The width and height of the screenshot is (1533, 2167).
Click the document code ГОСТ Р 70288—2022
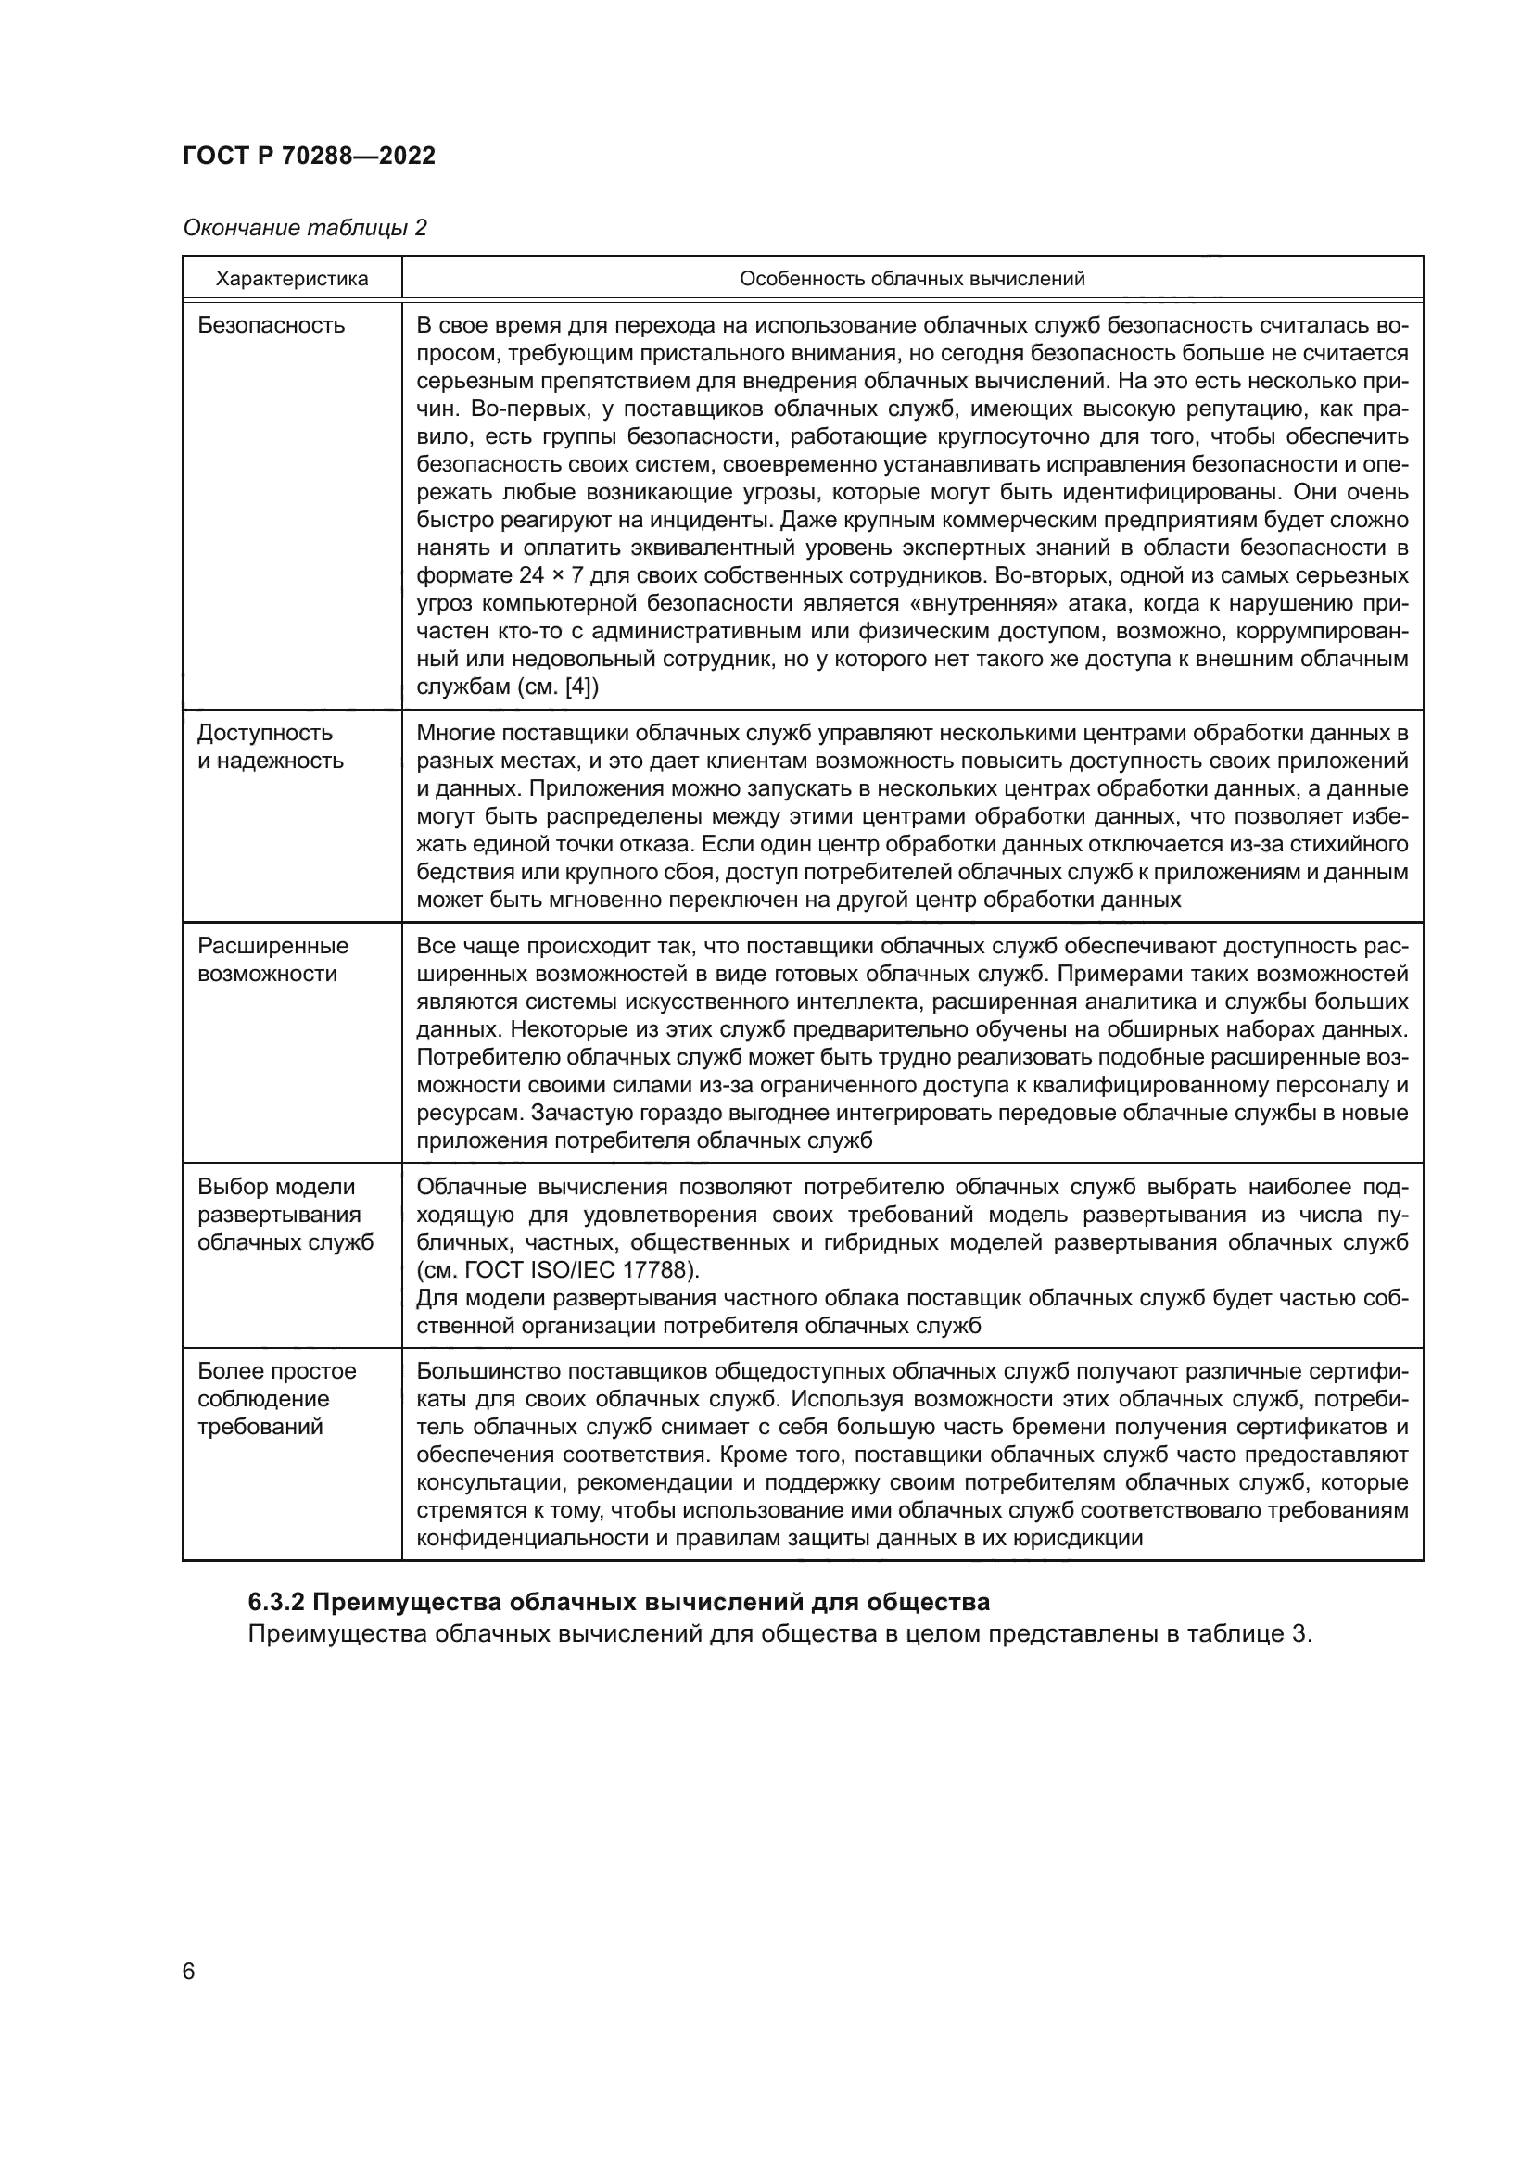pos(309,157)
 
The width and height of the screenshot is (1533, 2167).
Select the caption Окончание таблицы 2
pos(305,228)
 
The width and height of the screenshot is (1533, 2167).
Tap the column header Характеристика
pos(292,279)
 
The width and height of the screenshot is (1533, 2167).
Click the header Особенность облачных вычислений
pos(912,279)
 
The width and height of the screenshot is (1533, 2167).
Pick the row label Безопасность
pos(271,325)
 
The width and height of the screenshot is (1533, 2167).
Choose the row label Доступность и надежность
pos(270,747)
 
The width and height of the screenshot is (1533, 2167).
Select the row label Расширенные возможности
pos(272,959)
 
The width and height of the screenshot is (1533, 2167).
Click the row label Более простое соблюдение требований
pos(276,1398)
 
